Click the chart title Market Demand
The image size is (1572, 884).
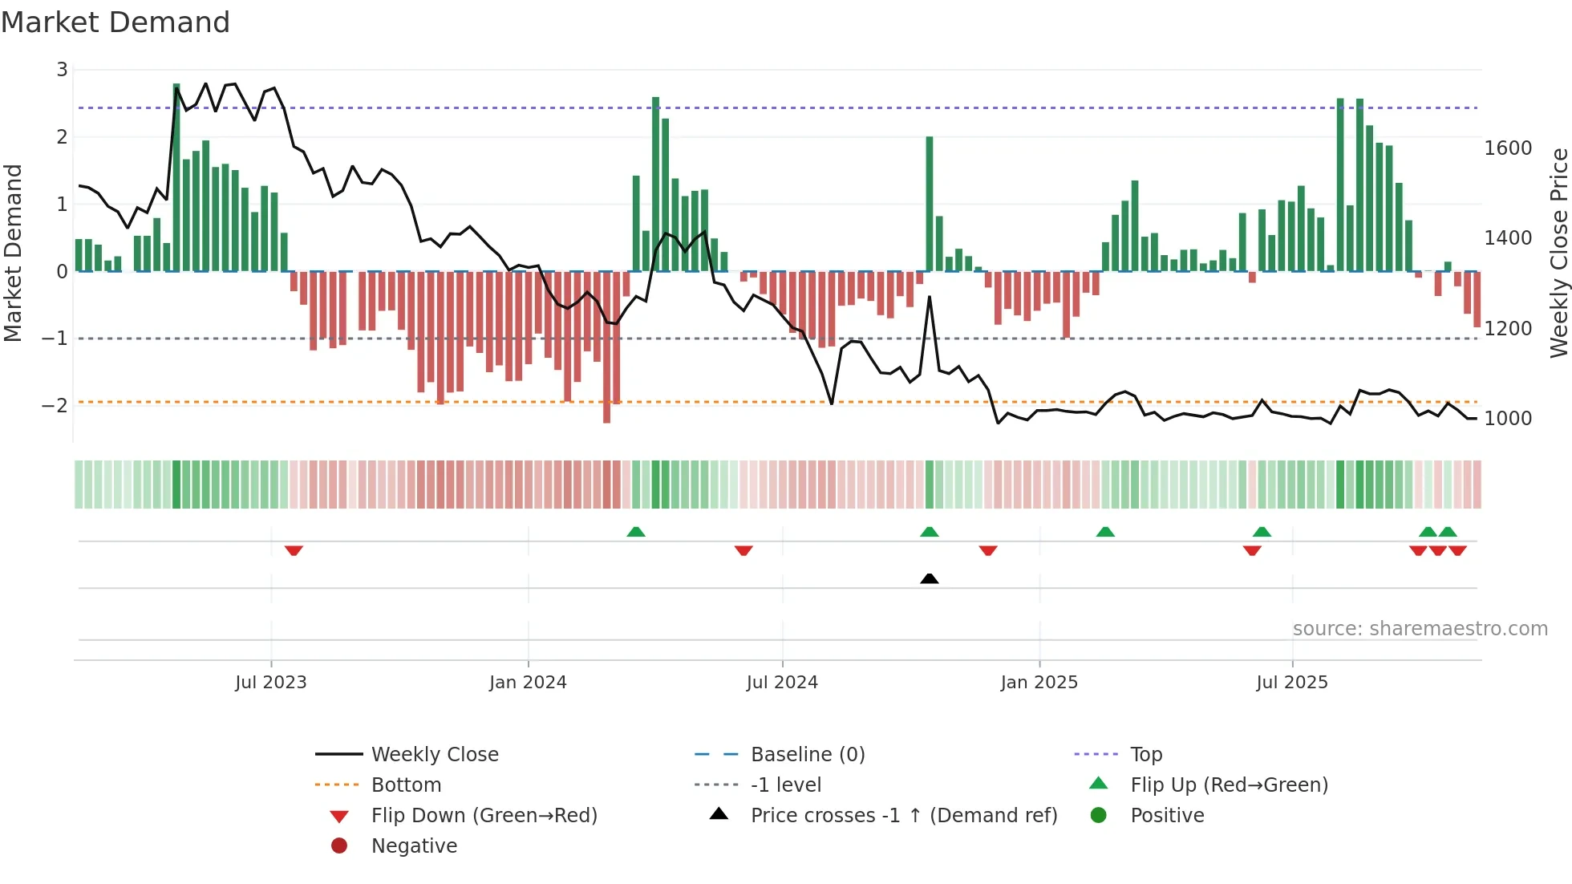click(115, 22)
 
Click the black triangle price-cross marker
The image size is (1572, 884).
click(929, 578)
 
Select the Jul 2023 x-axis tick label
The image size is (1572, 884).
click(270, 682)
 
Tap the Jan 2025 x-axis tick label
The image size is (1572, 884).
click(1039, 682)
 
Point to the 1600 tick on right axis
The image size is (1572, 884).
click(1508, 148)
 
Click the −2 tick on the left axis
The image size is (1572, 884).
click(55, 405)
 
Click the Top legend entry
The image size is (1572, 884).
click(1145, 754)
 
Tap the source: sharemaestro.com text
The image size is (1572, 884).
click(1420, 628)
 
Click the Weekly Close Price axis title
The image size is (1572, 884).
click(1558, 253)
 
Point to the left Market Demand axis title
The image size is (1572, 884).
click(13, 253)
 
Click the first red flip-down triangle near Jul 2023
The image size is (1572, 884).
click(294, 550)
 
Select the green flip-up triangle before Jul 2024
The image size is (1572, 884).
click(635, 532)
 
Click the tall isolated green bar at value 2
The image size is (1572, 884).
click(929, 205)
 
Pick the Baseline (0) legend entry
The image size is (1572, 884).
click(807, 754)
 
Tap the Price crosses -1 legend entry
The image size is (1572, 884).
click(903, 815)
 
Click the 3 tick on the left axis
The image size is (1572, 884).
click(62, 70)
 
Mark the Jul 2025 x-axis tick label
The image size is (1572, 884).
click(1291, 682)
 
